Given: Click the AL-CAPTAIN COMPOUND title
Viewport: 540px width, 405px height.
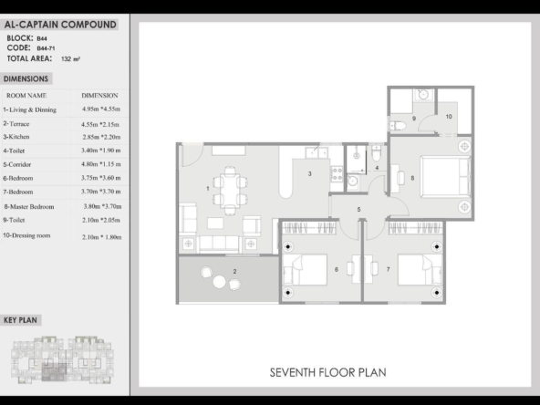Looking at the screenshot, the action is [x=60, y=25].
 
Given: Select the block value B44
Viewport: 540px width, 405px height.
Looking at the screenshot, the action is [x=42, y=38].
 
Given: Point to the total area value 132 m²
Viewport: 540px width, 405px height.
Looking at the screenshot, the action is [x=70, y=59].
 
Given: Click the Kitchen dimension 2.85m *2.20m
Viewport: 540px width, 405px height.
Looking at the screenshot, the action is [x=101, y=137].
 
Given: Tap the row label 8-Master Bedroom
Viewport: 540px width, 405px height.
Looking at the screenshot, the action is [x=29, y=207].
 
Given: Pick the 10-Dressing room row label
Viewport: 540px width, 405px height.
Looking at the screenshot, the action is [x=26, y=235].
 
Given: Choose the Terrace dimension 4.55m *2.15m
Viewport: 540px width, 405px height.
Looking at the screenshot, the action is [x=100, y=124].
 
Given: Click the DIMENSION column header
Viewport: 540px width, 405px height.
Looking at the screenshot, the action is [x=99, y=96].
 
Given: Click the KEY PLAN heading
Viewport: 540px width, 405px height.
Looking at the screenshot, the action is [x=20, y=320].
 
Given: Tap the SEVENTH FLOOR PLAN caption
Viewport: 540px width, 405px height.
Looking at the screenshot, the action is [x=327, y=373].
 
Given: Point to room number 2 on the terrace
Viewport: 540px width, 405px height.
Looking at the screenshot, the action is [x=234, y=272].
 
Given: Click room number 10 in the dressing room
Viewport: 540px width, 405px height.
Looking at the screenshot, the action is [x=449, y=117].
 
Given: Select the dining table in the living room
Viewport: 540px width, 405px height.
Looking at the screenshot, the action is [x=230, y=191].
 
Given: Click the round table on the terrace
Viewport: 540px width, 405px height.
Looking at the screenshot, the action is [x=219, y=282].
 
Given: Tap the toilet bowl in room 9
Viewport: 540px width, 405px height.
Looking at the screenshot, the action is [x=398, y=126].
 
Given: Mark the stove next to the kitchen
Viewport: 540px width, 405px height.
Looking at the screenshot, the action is [x=337, y=174].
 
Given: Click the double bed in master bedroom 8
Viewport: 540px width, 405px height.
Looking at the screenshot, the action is [x=445, y=177].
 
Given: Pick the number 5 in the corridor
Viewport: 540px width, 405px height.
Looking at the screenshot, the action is [x=358, y=210].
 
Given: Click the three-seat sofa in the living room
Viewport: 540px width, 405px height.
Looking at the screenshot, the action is [x=219, y=244].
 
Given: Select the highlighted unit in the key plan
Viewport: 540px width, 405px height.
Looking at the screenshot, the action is [x=54, y=372].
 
